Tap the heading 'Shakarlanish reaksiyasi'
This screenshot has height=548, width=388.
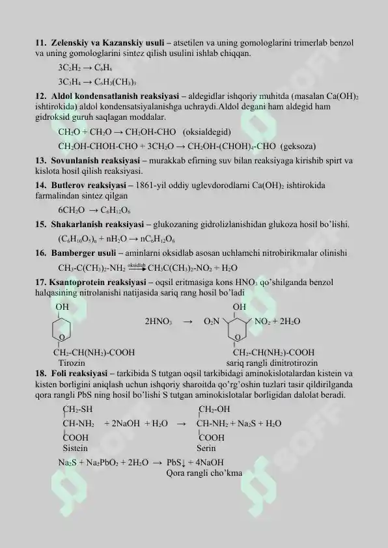tap(92, 225)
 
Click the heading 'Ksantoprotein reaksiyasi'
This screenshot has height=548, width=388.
tap(96, 282)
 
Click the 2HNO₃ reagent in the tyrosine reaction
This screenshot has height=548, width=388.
tap(158, 322)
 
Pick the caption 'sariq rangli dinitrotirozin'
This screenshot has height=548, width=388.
tap(272, 362)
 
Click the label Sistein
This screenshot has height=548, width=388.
tap(75, 448)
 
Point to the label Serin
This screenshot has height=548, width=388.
tap(206, 448)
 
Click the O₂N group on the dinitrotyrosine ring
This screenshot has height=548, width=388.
tap(214, 322)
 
